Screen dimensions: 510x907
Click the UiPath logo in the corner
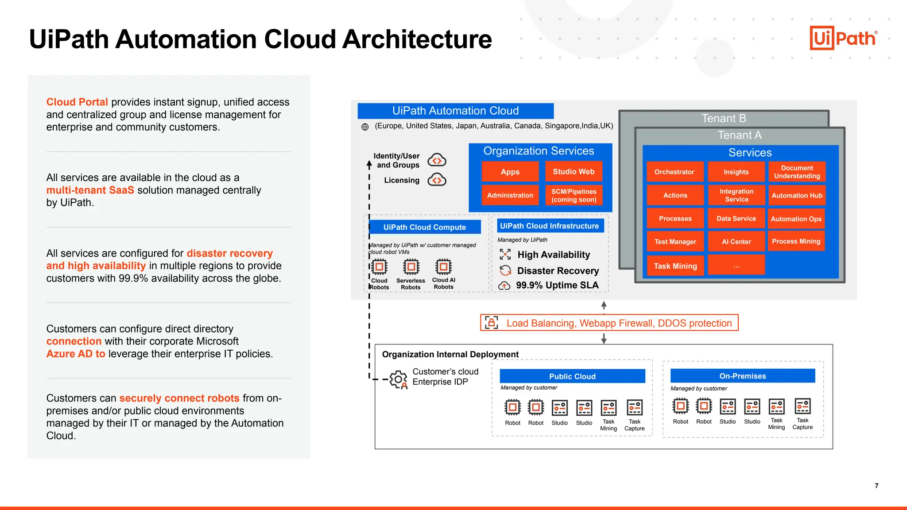pos(843,38)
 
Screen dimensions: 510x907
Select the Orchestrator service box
pos(674,172)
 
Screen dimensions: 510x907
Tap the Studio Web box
pos(574,171)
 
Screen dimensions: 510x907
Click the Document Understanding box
pos(797,172)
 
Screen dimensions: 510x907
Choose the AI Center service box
pos(736,242)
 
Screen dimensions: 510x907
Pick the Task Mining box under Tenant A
pos(675,266)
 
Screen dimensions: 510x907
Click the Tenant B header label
pos(724,118)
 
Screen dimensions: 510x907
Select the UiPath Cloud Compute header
pos(424,227)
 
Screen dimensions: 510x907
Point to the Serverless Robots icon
pos(411,267)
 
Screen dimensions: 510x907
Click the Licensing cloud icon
pos(437,180)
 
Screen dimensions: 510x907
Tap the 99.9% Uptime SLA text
pos(557,286)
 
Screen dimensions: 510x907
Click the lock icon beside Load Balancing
pos(491,323)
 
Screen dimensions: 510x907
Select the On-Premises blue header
pos(742,376)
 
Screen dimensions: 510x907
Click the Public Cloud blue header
pos(572,376)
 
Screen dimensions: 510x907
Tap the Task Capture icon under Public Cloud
pos(634,407)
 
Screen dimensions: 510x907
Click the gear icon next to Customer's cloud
pos(398,379)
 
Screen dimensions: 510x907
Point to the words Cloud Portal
pos(77,102)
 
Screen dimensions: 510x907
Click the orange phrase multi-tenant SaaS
pos(90,190)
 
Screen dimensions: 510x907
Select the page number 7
pos(876,486)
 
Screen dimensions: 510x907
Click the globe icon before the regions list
pos(365,127)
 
